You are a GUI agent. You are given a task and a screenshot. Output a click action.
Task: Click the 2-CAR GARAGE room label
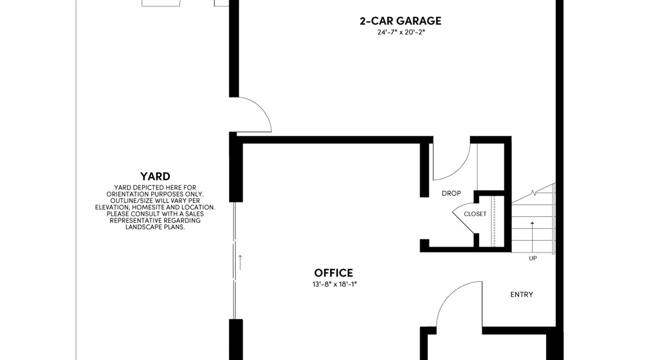tap(400, 21)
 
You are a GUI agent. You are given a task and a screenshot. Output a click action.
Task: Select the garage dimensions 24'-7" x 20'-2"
tap(401, 32)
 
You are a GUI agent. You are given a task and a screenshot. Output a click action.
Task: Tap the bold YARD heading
tap(155, 176)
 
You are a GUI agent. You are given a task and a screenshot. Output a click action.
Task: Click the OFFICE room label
tap(333, 273)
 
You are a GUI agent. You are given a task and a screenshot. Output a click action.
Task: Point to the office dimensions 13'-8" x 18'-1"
tap(334, 284)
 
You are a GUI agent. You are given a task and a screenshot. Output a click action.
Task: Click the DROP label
tap(451, 193)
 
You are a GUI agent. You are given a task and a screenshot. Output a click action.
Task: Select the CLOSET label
tap(475, 214)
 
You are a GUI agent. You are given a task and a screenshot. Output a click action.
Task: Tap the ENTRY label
tap(522, 294)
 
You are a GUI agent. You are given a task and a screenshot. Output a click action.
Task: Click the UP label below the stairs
tap(533, 258)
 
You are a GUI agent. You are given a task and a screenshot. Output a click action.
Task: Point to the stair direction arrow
tap(532, 238)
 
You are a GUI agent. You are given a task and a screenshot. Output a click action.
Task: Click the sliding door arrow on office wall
tap(240, 262)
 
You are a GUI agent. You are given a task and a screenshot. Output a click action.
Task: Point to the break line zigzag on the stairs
tap(534, 193)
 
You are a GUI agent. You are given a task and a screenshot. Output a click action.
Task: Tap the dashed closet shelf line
tap(494, 221)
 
